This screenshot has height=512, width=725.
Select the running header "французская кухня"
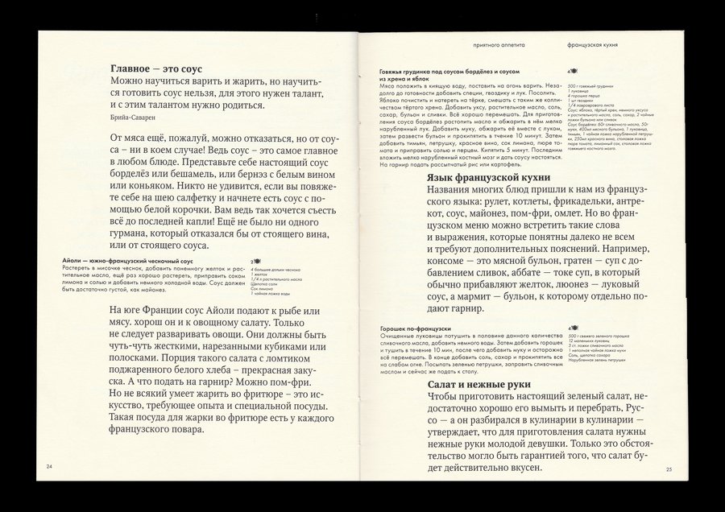pos(595,47)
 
